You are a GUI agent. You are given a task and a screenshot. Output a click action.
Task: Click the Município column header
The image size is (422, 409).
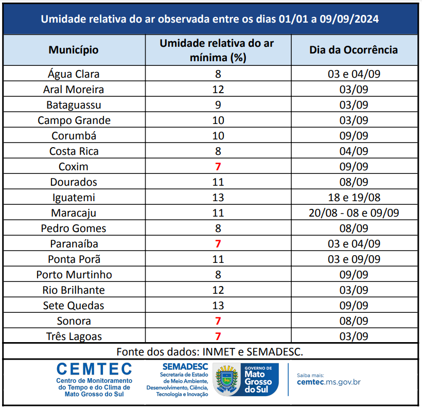[x=74, y=50]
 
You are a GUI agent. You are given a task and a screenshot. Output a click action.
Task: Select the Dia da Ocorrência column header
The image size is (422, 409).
[x=354, y=50]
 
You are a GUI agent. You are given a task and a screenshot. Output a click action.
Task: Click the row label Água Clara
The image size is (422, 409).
[x=74, y=74]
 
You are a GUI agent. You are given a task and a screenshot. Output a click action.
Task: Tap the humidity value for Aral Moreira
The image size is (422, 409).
[x=218, y=90]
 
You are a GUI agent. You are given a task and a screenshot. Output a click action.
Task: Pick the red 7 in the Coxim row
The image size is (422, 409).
[x=218, y=167]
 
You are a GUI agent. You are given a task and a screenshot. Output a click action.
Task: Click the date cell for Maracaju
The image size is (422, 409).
[x=354, y=213]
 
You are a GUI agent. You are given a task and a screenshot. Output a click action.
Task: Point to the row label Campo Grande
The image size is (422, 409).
[x=74, y=120]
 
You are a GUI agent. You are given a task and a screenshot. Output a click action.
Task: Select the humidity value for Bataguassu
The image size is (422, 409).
[x=218, y=105]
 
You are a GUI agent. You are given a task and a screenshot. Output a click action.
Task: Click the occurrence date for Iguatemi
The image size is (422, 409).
[x=354, y=198]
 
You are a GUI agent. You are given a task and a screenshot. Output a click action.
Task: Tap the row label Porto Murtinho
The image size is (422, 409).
[x=74, y=275]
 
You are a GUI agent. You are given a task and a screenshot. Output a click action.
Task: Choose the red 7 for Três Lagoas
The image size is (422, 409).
[x=218, y=336]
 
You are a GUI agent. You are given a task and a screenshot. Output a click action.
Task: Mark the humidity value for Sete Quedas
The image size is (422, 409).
[x=218, y=306]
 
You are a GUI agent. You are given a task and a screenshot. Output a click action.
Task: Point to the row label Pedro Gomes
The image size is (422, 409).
[x=74, y=228]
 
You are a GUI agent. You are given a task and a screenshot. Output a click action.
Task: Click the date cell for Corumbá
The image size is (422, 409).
[x=354, y=136]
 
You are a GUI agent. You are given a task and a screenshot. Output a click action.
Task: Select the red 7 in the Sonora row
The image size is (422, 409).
[x=218, y=321]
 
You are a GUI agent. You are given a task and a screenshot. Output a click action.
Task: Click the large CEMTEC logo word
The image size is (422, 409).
[x=94, y=369]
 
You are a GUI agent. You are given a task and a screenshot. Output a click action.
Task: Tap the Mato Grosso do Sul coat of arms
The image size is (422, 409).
[x=225, y=380]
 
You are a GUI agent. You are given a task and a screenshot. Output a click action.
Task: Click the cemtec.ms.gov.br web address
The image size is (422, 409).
[x=329, y=382]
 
